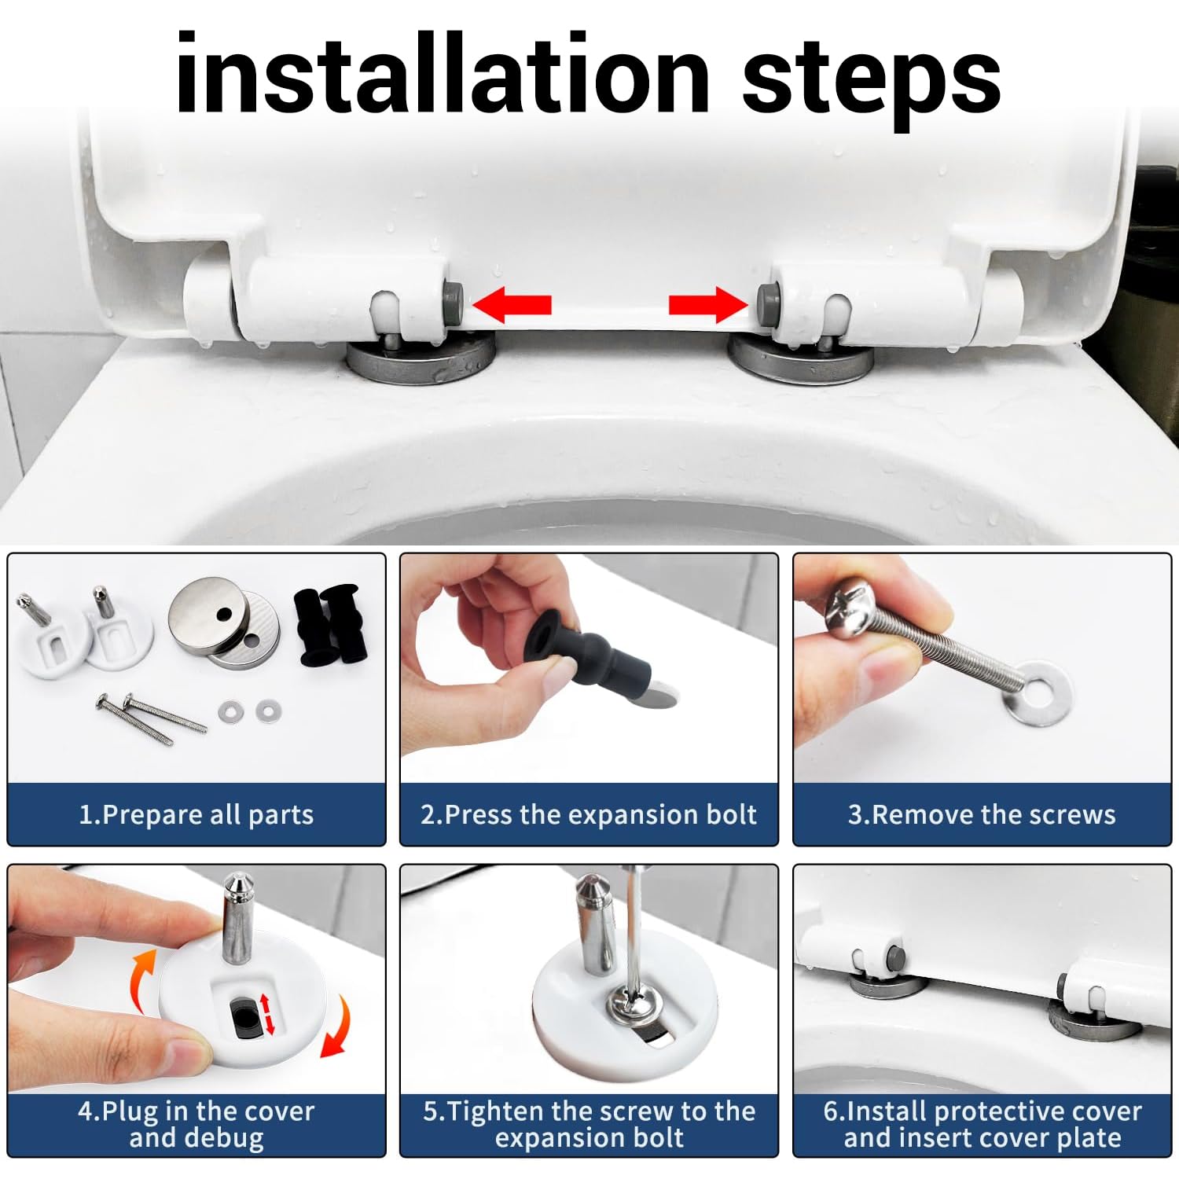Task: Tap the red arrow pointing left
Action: point(512,305)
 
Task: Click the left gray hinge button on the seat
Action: point(454,299)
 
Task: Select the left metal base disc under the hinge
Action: point(421,358)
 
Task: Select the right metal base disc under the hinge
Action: point(800,358)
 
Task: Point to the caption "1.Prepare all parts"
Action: point(196,815)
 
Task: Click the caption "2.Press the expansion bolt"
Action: point(589,815)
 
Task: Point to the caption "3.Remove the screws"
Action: point(982,815)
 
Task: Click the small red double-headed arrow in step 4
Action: point(267,1014)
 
